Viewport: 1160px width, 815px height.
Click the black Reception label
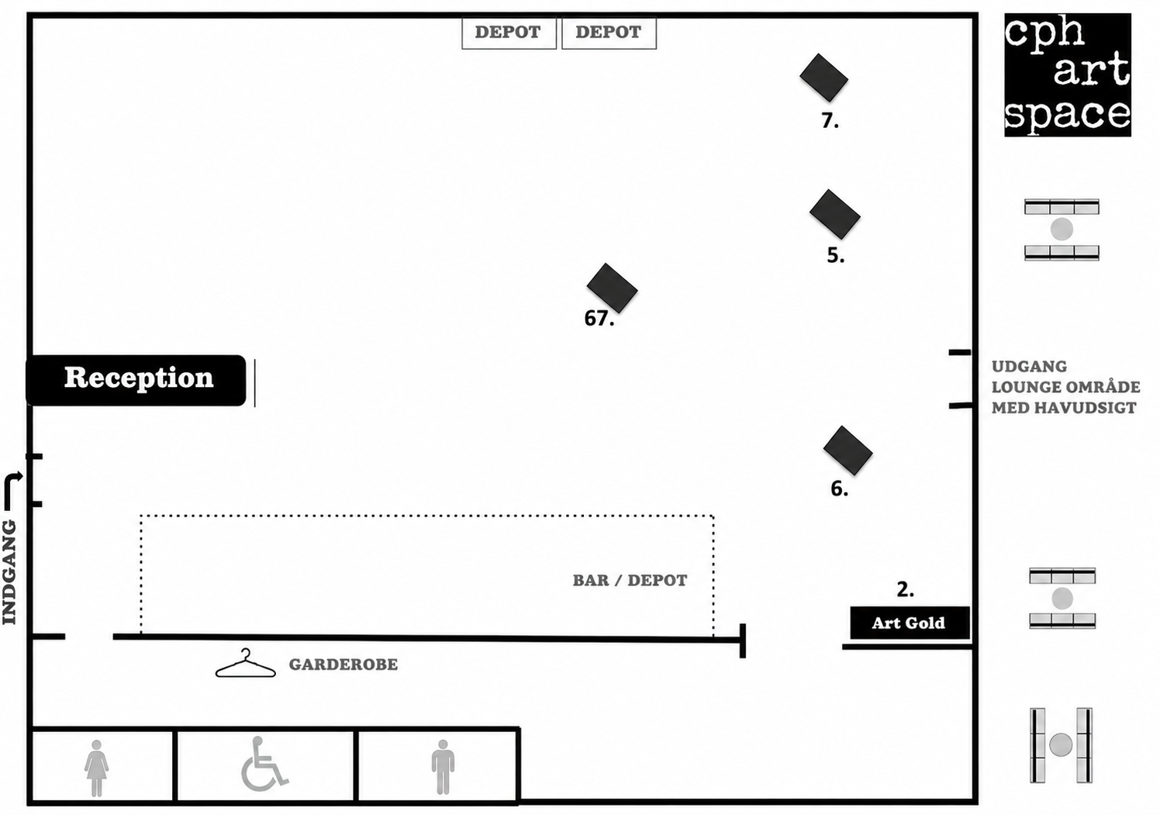tap(136, 380)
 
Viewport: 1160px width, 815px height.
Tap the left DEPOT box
tap(509, 33)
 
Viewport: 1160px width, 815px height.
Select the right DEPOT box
tap(609, 33)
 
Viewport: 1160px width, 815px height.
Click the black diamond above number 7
tap(823, 78)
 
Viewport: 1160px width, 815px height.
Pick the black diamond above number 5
tap(835, 214)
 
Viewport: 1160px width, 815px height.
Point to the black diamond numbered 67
tap(612, 288)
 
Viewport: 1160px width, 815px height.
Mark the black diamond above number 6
tap(848, 451)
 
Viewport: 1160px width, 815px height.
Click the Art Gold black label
tap(910, 623)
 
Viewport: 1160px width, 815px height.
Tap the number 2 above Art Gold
tap(905, 590)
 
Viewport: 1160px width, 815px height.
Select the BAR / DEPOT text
tap(630, 581)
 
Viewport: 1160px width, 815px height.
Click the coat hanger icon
tap(246, 663)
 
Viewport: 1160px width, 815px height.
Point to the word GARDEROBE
tap(344, 665)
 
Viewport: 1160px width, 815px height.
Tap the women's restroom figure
tap(96, 768)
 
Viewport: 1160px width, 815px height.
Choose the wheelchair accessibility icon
tap(264, 765)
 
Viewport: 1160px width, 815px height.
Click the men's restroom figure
tap(443, 767)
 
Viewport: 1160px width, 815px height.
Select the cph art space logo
tap(1067, 75)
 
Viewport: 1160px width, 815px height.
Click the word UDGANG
tap(1029, 367)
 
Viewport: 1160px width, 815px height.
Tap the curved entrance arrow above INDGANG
tap(12, 491)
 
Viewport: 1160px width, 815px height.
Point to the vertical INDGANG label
tap(10, 572)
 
